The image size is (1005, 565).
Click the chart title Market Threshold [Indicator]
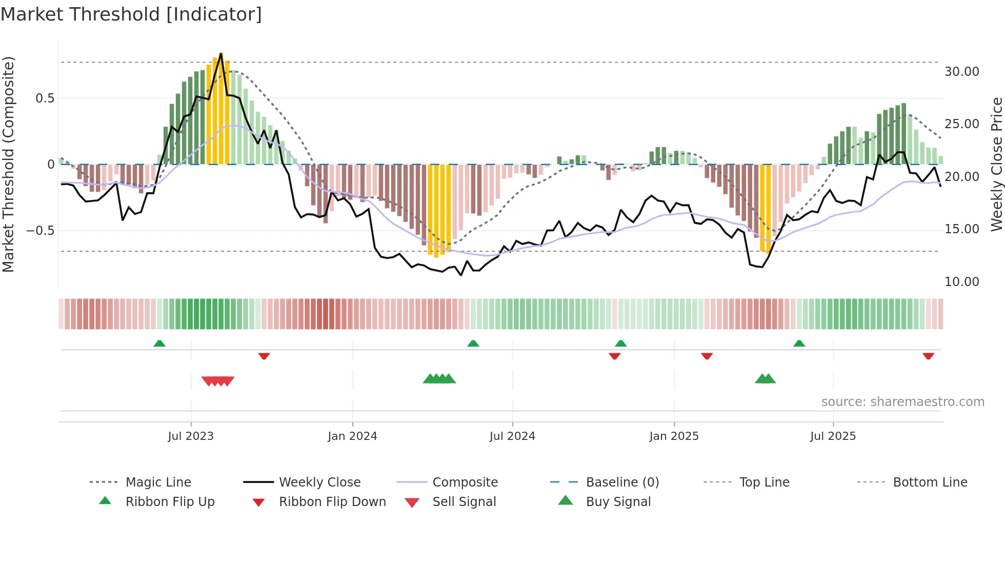tap(131, 14)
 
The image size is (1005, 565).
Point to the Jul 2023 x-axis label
tap(191, 436)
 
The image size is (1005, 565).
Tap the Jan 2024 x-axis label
tap(352, 436)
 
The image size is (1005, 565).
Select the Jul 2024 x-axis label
tap(512, 436)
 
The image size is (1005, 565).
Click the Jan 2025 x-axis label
tap(674, 436)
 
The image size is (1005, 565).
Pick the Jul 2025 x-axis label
tap(833, 436)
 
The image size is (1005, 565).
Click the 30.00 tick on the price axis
tap(962, 72)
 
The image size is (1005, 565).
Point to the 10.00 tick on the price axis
tap(962, 282)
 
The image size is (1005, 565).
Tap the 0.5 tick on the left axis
tap(45, 98)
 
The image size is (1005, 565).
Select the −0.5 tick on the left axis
tap(41, 231)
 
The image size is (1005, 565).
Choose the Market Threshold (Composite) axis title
tap(8, 164)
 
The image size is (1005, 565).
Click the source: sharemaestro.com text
tap(902, 402)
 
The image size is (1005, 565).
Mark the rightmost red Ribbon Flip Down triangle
tap(928, 356)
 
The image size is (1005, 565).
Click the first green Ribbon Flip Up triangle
tap(159, 344)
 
